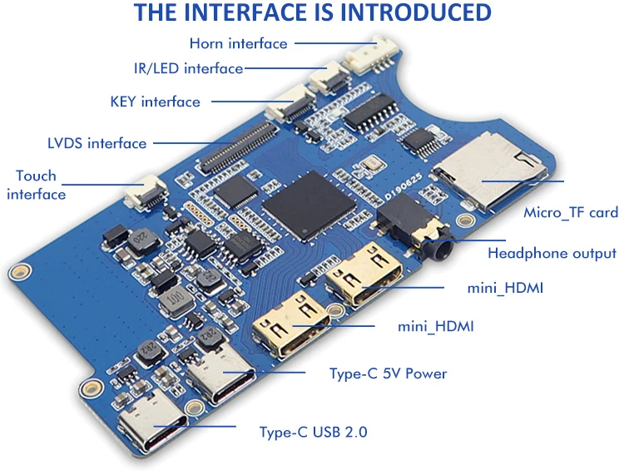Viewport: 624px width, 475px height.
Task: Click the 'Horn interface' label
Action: [238, 43]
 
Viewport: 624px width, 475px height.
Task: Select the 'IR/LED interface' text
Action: [188, 68]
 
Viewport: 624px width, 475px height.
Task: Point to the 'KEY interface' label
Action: [155, 101]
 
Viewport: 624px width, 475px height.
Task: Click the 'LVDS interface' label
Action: [97, 143]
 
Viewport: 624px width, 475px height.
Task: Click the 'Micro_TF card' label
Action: [570, 213]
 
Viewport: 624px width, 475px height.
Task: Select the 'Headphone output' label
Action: [552, 254]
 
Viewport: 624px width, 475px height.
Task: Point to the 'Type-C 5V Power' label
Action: [388, 374]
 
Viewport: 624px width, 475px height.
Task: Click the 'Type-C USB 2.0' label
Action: [313, 432]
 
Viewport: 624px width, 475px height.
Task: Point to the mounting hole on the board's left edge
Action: [18, 272]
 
